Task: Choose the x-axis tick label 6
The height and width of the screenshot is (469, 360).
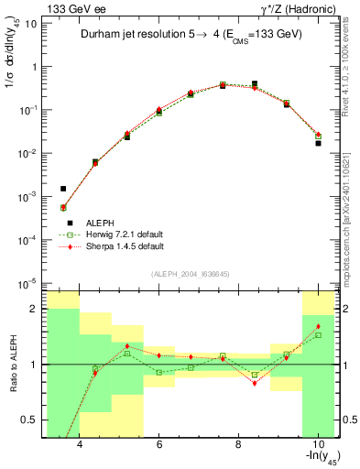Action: [x=158, y=444]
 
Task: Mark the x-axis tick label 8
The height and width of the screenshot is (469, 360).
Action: [x=238, y=444]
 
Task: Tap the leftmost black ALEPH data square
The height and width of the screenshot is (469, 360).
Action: [x=63, y=189]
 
